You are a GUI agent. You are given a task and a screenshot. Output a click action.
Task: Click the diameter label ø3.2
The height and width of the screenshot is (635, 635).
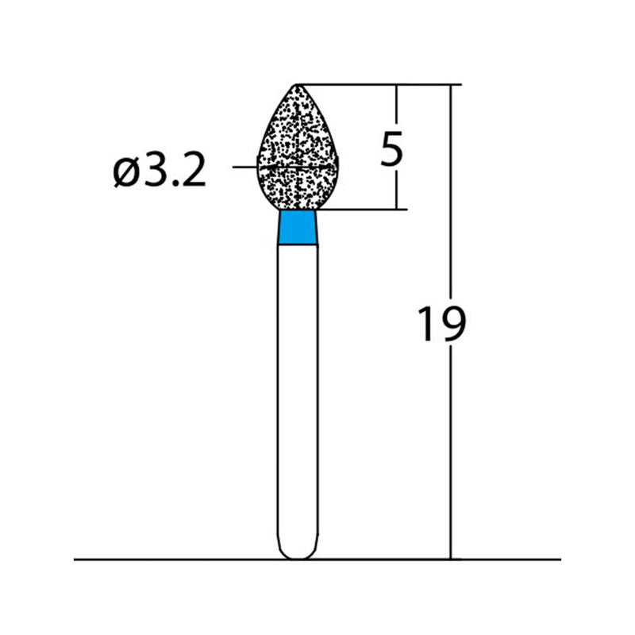click(160, 170)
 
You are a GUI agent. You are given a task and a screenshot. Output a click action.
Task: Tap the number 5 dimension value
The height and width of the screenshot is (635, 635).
click(391, 149)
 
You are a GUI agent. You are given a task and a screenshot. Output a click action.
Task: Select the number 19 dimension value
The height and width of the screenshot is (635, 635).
click(441, 324)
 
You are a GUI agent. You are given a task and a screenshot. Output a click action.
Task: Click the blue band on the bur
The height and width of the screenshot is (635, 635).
click(298, 229)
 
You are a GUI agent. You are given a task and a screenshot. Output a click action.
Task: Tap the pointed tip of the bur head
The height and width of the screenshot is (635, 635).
click(298, 85)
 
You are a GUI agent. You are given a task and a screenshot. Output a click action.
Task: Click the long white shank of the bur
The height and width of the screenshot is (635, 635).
click(298, 397)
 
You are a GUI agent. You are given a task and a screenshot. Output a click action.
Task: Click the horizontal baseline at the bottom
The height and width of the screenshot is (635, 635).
click(159, 560)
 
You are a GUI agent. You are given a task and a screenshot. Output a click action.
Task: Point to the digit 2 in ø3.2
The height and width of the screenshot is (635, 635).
click(193, 170)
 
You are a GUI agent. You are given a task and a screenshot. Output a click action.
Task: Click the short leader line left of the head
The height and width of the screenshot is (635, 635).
click(244, 167)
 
